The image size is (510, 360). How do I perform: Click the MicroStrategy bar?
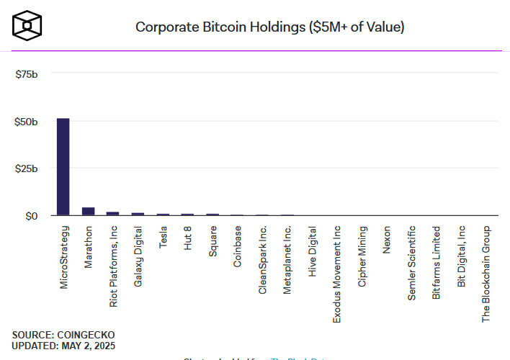[x=63, y=166]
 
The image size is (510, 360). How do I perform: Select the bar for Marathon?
[x=89, y=211]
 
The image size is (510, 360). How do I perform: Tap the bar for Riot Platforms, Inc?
[x=113, y=213]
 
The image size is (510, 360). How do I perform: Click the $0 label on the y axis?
[x=32, y=215]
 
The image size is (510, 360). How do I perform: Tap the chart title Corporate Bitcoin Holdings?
[x=270, y=27]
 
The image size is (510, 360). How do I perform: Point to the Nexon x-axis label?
[x=388, y=239]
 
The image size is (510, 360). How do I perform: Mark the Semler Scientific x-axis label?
[x=412, y=261]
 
